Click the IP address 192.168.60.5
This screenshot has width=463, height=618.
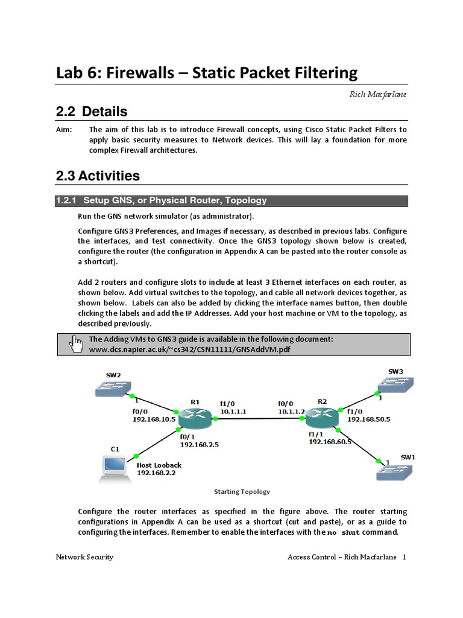329,442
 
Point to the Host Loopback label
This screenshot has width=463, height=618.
159,465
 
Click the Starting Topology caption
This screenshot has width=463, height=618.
242,491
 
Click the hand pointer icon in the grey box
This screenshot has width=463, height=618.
76,343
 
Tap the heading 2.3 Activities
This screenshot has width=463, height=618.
97,176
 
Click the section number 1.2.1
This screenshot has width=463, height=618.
66,200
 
